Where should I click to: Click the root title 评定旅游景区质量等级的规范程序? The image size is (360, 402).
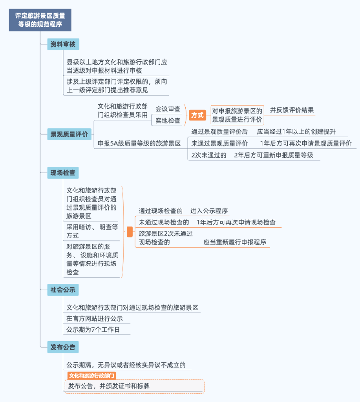click(x=40, y=20)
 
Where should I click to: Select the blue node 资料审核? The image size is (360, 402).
click(x=63, y=44)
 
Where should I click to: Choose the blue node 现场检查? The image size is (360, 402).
click(x=63, y=173)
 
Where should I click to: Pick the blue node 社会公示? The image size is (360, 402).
click(x=63, y=290)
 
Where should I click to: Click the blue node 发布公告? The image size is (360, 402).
click(x=63, y=347)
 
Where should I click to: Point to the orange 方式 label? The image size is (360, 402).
click(x=197, y=115)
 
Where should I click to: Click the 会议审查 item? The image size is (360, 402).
click(x=168, y=109)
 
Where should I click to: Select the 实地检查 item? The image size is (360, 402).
click(x=168, y=121)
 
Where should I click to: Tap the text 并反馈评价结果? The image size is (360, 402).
click(x=292, y=110)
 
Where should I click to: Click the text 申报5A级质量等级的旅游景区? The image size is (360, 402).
click(x=139, y=143)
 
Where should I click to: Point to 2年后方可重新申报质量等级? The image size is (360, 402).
click(x=273, y=155)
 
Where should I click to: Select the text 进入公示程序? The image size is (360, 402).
click(x=209, y=211)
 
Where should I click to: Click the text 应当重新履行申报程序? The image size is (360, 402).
click(x=234, y=242)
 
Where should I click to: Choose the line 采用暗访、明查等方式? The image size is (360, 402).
click(x=92, y=231)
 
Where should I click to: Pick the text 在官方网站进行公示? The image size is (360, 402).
click(x=95, y=318)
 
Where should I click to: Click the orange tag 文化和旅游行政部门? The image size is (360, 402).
click(x=91, y=376)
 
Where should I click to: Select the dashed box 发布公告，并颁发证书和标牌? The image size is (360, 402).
click(x=134, y=386)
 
